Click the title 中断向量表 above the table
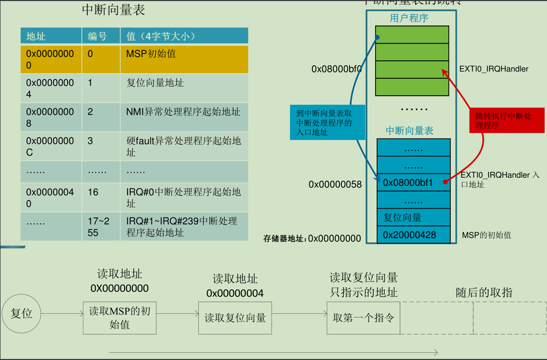(x=113, y=10)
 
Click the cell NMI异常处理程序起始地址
(x=183, y=112)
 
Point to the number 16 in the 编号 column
(x=93, y=192)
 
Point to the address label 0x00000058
(x=335, y=184)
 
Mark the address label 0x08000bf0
(x=336, y=69)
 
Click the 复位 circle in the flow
(x=22, y=313)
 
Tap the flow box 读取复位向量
(x=235, y=318)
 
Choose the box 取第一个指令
(x=363, y=318)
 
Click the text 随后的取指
(x=484, y=293)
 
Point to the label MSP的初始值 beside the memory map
(x=487, y=235)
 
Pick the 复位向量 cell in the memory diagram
(x=402, y=218)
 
